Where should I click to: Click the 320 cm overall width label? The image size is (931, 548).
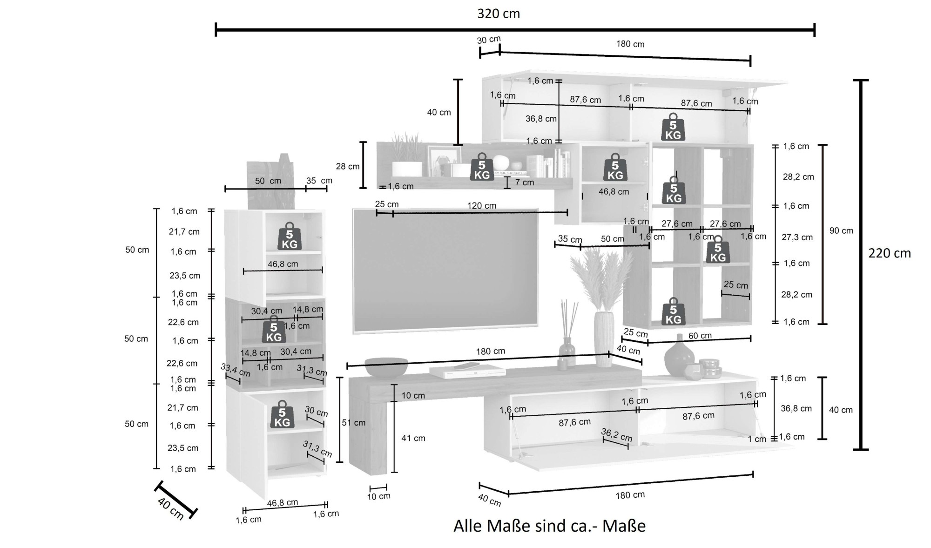(498, 14)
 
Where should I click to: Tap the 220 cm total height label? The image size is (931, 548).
(889, 253)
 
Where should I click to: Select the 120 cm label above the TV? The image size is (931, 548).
(481, 205)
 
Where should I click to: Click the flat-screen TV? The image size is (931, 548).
(445, 270)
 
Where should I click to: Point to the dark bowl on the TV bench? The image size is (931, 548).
(386, 366)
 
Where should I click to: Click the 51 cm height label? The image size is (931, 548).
(353, 423)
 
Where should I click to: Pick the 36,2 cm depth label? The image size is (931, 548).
(616, 434)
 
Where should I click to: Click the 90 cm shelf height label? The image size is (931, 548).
(841, 230)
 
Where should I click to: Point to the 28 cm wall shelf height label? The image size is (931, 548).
(348, 166)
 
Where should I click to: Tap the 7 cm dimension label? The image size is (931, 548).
(524, 183)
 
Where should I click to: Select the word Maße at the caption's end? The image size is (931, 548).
(624, 526)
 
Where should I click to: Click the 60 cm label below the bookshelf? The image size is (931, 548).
(700, 335)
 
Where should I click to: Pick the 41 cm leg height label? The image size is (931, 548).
(413, 438)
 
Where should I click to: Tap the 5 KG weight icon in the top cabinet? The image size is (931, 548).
(673, 127)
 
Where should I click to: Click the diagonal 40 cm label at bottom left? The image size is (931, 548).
(170, 508)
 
